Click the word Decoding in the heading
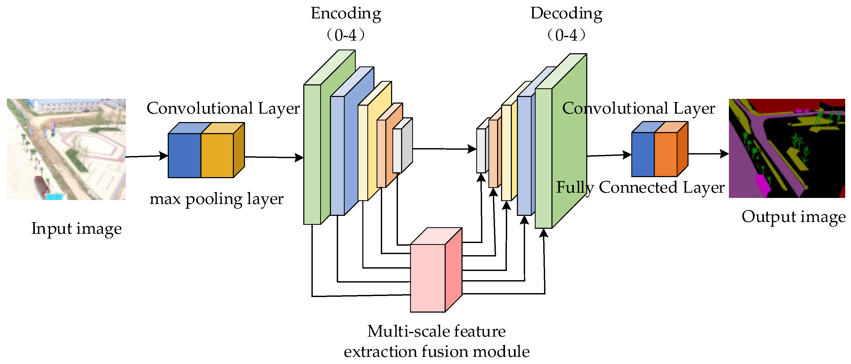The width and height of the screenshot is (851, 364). tap(566, 14)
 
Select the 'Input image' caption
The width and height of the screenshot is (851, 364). tap(76, 229)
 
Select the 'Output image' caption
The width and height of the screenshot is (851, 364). tap(794, 217)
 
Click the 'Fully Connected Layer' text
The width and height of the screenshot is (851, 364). tap(640, 188)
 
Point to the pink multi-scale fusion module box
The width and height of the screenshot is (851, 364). tap(427, 278)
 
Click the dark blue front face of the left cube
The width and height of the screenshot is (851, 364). tap(184, 155)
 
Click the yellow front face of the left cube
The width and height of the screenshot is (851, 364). tap(217, 155)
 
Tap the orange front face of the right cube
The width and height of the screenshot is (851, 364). tap(665, 154)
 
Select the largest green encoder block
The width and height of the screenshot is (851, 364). tap(312, 154)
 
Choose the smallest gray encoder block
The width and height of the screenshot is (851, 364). tap(397, 150)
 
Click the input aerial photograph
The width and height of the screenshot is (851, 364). tap(66, 149)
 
